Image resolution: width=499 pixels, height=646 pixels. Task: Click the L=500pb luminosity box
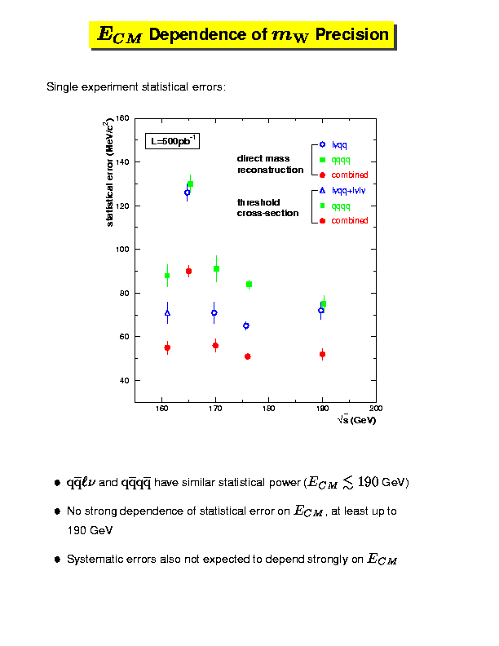pos(172,140)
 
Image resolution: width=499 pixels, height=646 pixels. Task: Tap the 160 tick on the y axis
pos(123,118)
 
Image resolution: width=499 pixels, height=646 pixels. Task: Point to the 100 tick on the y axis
pos(123,249)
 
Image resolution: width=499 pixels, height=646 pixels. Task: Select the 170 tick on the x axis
pos(215,409)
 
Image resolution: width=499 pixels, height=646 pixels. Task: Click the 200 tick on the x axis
pos(376,409)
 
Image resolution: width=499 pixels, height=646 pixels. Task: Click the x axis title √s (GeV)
pos(356,420)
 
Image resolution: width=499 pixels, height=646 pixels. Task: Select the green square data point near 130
pos(190,184)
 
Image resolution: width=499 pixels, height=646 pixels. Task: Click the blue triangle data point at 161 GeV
pos(167,312)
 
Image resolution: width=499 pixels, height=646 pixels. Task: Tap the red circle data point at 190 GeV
pos(322,354)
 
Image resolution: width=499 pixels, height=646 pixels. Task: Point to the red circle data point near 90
pos(188,271)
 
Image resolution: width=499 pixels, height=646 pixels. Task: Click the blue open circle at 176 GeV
pos(246,325)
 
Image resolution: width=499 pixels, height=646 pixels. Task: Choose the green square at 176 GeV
pos(249,284)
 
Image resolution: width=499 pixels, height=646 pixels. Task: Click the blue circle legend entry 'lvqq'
pos(339,144)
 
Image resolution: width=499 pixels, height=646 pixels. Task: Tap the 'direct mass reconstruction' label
pos(270,164)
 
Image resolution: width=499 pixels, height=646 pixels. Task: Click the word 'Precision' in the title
pos(352,35)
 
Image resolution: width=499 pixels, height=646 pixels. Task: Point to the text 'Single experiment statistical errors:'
pos(136,86)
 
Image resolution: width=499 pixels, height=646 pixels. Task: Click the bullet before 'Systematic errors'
pos(57,560)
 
